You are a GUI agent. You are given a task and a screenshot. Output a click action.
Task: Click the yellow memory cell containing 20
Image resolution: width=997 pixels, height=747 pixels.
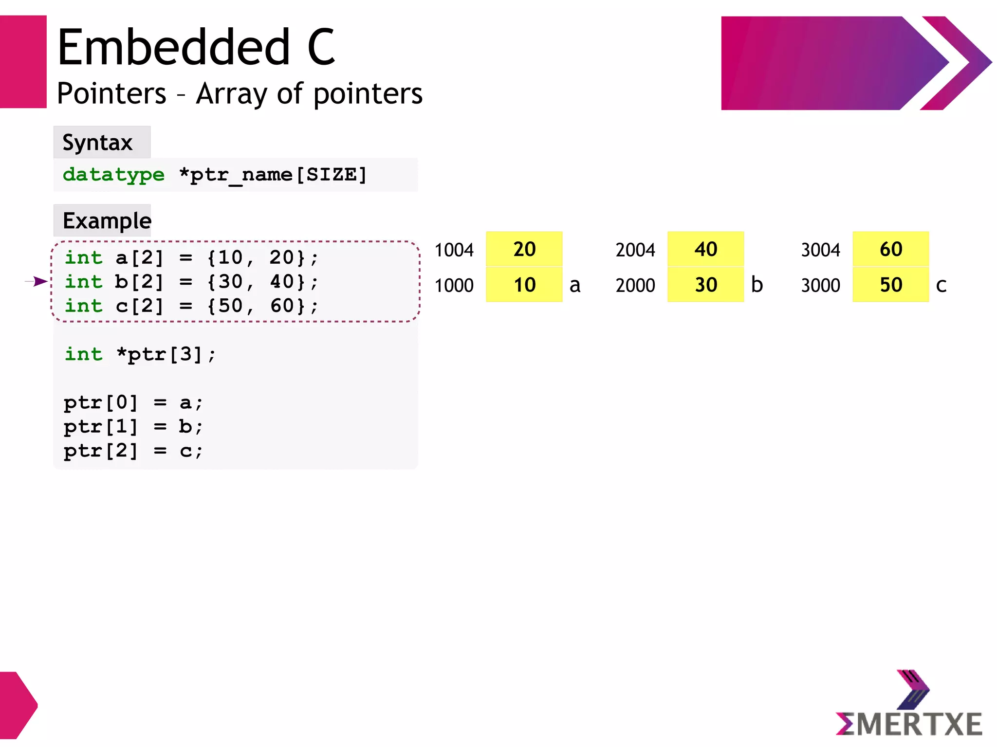click(524, 249)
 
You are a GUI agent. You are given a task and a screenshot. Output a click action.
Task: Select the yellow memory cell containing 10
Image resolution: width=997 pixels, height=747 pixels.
click(524, 285)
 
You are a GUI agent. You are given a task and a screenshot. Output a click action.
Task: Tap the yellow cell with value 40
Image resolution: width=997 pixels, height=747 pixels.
click(705, 249)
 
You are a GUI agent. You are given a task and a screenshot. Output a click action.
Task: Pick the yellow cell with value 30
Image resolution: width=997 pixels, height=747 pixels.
click(705, 285)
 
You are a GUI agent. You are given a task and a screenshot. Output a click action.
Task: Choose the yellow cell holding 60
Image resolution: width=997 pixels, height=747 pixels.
click(890, 249)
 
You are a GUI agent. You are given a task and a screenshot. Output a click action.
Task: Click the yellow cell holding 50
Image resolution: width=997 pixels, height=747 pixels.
click(890, 285)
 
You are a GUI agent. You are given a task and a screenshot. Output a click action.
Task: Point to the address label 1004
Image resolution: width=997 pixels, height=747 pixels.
click(454, 250)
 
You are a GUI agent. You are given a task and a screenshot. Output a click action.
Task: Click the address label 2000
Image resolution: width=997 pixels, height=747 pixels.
click(635, 286)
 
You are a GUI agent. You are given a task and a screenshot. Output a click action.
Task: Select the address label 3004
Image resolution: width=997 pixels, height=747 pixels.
click(820, 250)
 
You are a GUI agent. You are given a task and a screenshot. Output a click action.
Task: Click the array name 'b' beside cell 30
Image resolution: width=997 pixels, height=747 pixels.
click(757, 285)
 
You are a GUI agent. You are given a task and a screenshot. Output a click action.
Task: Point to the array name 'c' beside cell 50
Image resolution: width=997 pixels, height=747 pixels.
click(941, 286)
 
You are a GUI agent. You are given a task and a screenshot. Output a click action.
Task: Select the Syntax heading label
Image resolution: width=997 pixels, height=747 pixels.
click(98, 143)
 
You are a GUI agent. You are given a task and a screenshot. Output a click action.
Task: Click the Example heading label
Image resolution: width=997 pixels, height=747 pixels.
click(107, 221)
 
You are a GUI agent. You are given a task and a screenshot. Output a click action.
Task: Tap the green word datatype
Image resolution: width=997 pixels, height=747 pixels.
click(113, 175)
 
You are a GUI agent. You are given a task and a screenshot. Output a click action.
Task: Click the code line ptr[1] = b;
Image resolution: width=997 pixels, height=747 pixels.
click(133, 427)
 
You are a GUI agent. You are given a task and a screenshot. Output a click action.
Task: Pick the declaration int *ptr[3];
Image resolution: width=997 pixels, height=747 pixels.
click(140, 354)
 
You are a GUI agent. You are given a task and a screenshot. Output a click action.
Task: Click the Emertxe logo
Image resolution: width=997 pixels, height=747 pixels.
click(909, 705)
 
